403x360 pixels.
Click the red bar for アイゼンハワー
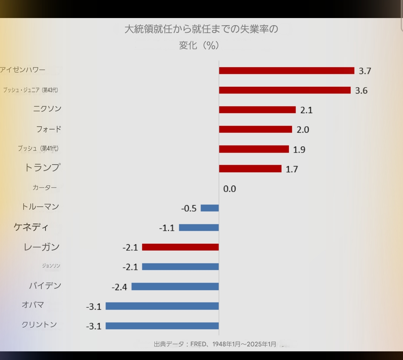pos(287,71)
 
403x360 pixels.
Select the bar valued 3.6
pos(285,90)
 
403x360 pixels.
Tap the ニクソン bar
pos(257,110)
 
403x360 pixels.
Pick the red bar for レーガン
pos(180,247)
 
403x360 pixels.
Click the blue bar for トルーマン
pos(210,208)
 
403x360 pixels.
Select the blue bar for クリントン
pos(162,326)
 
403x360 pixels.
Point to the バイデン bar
pos(175,286)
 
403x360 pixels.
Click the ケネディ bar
pos(199,227)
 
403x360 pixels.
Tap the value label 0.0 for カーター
pos(229,189)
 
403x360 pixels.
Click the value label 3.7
pos(365,71)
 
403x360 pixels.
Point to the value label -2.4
pos(119,287)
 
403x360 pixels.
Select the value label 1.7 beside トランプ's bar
pos(292,169)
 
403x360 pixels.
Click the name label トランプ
pos(42,168)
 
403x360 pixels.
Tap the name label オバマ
pos(33,305)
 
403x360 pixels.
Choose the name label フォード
pos(48,129)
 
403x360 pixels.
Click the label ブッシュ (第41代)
pos(38,148)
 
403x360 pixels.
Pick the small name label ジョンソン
pos(51,266)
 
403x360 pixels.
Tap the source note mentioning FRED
pos(215,344)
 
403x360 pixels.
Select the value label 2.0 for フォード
pos(303,130)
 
